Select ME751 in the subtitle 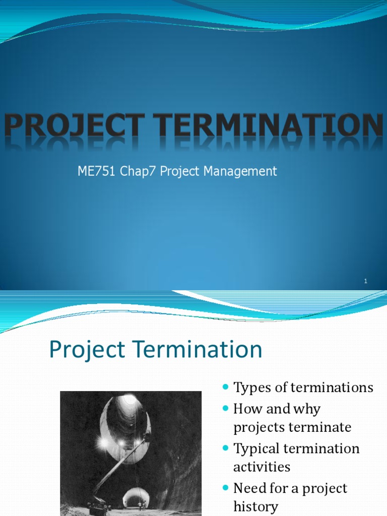coord(95,171)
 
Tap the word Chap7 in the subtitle coord(136,171)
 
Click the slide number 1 coord(366,281)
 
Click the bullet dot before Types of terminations coord(225,387)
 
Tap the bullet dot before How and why coord(225,408)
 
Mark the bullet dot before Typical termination coord(225,448)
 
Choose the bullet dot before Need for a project coord(225,488)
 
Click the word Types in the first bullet coord(250,388)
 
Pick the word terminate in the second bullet coord(320,427)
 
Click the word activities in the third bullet coord(262,467)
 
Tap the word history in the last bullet coord(255,506)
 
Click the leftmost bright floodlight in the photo coord(104,442)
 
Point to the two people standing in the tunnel coord(142,505)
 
